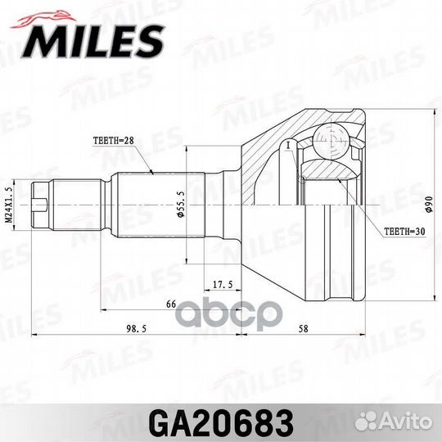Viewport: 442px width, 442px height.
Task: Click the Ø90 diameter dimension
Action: [x=426, y=201]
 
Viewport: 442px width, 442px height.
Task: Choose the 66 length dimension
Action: [x=171, y=304]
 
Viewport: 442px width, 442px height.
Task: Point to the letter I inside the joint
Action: [x=289, y=145]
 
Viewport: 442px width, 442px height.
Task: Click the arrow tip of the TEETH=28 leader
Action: [x=154, y=173]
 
